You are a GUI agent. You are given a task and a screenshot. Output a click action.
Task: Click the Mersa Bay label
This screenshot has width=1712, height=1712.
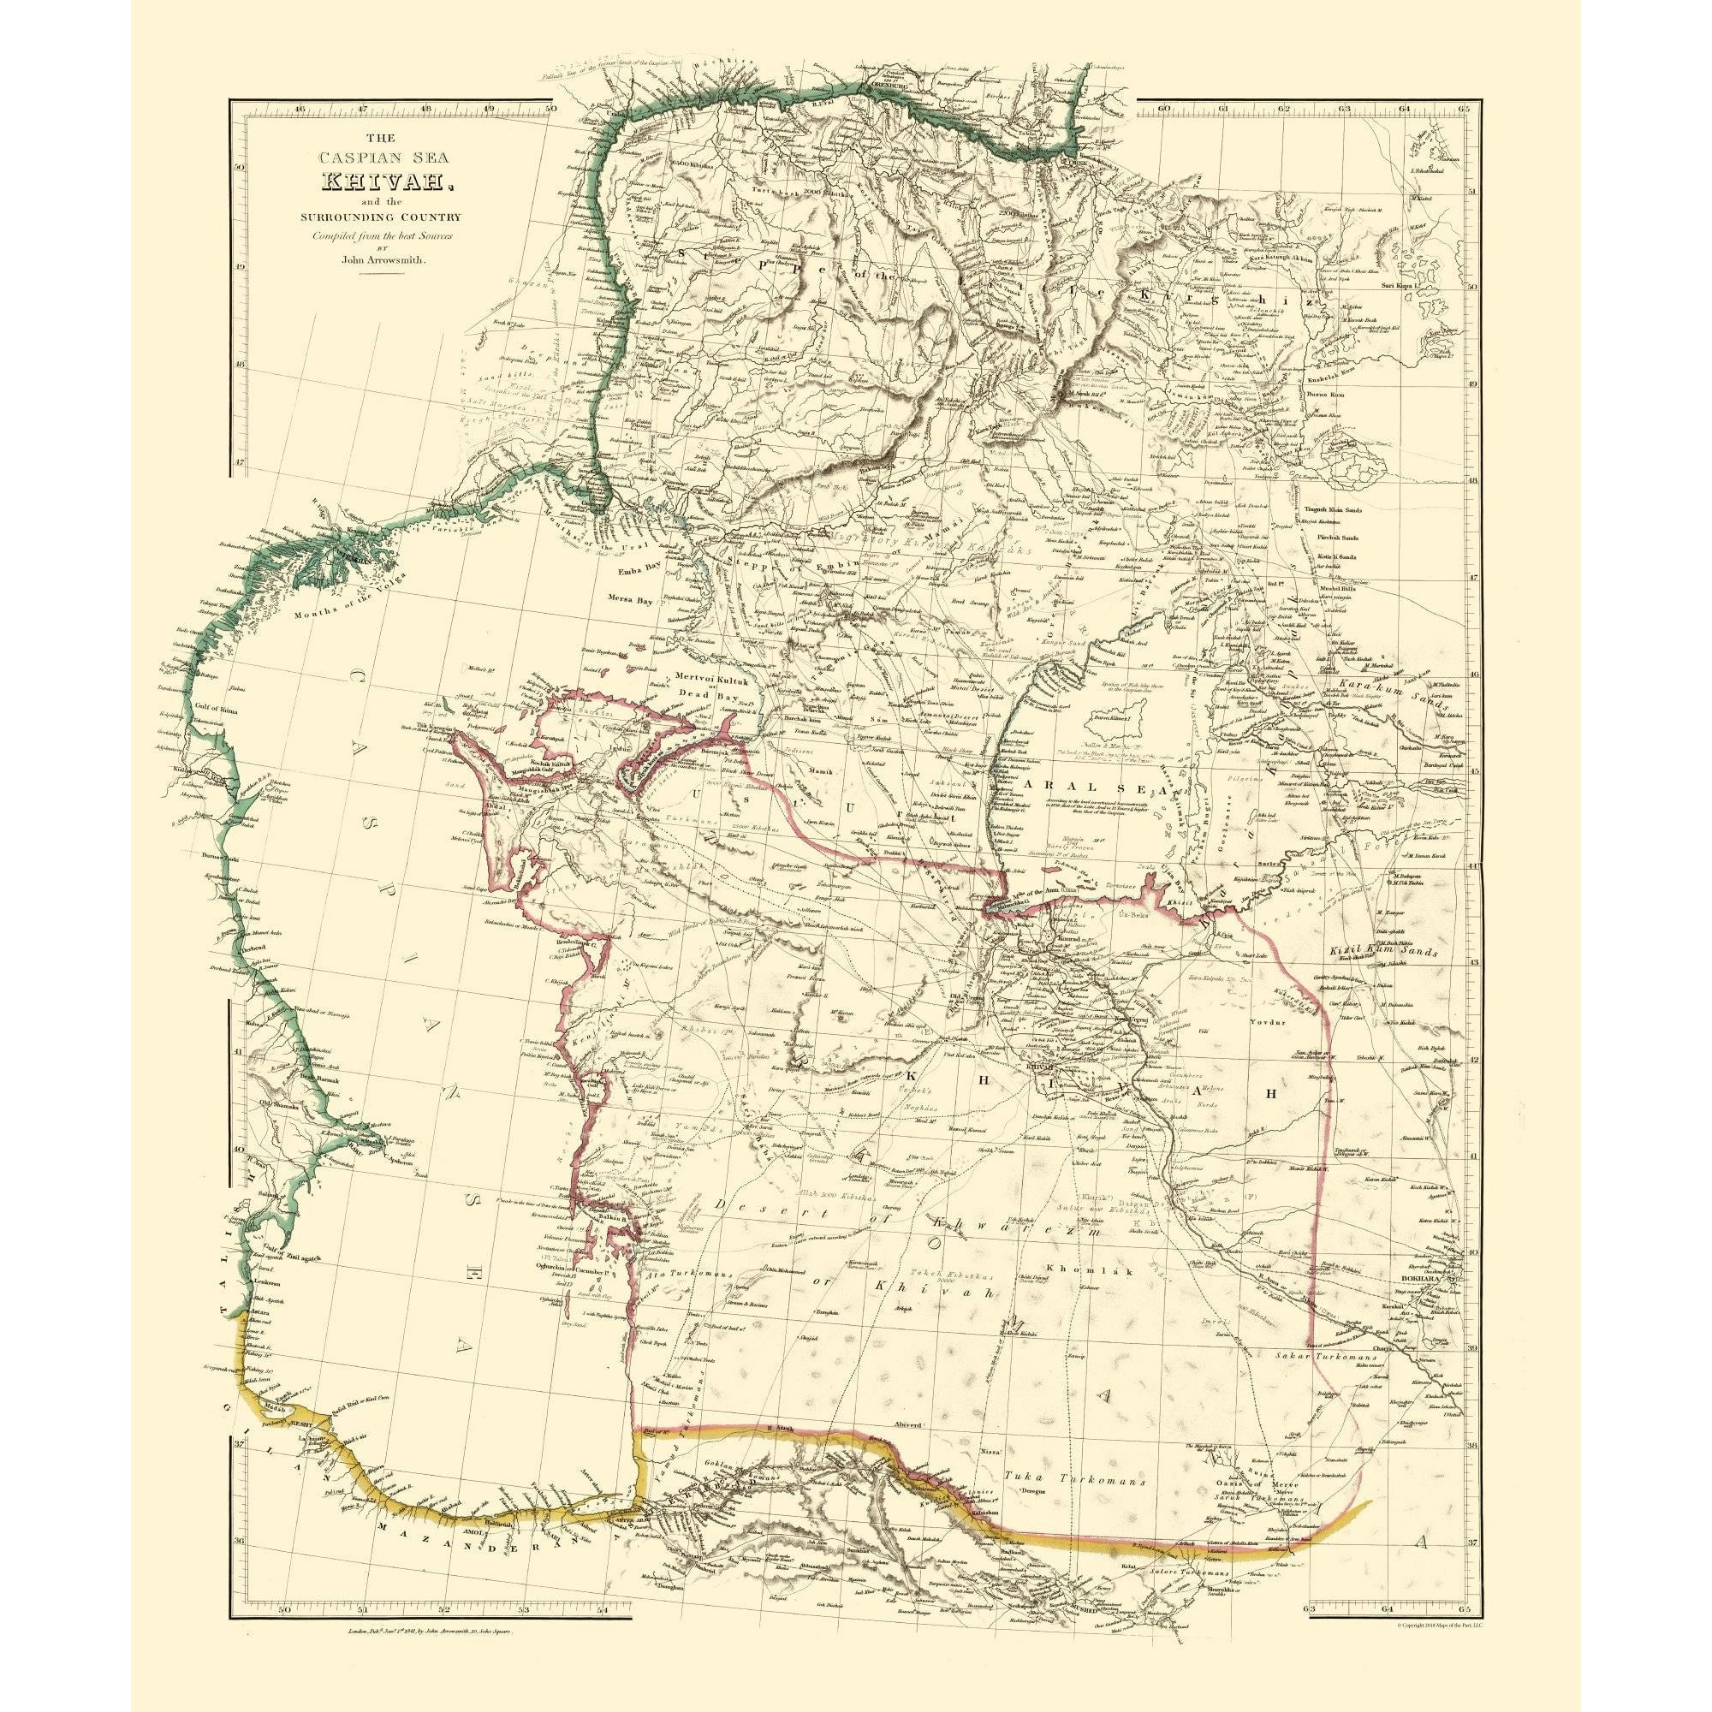(x=632, y=600)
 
